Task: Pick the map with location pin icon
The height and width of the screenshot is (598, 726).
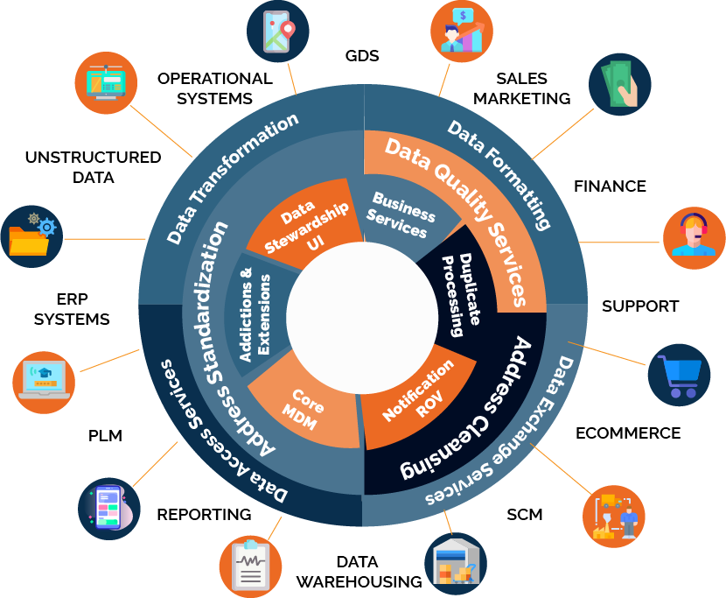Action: tap(279, 32)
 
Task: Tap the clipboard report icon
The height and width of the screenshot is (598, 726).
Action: tap(250, 564)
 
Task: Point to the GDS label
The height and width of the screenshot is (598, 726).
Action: tap(362, 56)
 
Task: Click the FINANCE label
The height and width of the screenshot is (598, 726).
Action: tap(610, 186)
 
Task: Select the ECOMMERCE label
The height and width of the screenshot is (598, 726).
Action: tap(627, 433)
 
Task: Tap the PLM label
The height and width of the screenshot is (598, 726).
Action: tap(105, 435)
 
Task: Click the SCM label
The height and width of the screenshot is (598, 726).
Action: tap(524, 514)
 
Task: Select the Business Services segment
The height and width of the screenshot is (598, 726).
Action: tap(402, 214)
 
